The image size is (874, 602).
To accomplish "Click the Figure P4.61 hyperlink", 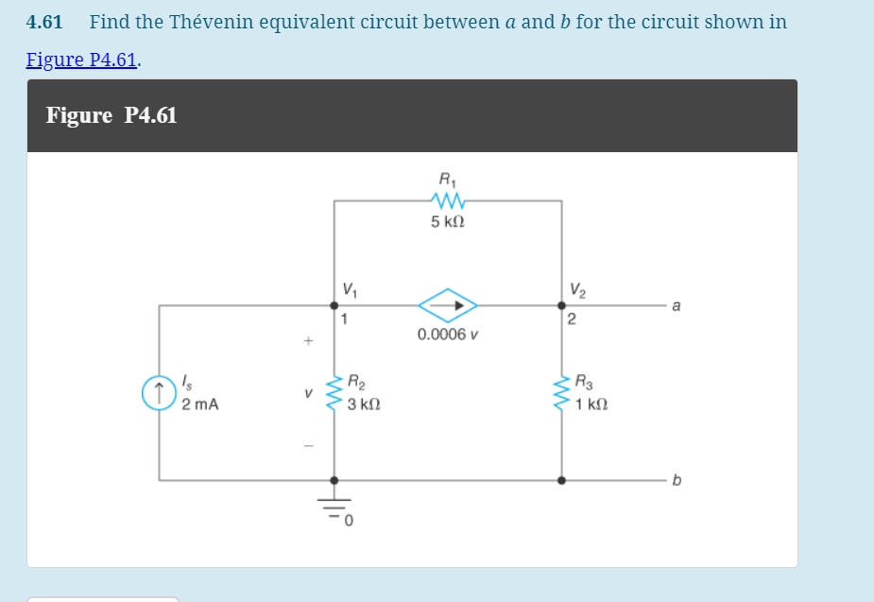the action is pyautogui.click(x=83, y=60).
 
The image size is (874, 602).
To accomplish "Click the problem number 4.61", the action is pyautogui.click(x=44, y=22).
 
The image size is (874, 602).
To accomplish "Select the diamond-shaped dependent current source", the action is pyautogui.click(x=448, y=305).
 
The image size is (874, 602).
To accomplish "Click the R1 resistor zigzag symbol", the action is pyautogui.click(x=448, y=200).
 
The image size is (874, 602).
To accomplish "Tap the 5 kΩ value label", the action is pyautogui.click(x=448, y=223).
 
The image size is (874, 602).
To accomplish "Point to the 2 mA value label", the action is pyautogui.click(x=200, y=405).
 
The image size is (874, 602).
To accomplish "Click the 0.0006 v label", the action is pyautogui.click(x=448, y=335).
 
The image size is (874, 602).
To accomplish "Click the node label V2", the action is pyautogui.click(x=577, y=287).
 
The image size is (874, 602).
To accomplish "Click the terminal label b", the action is pyautogui.click(x=675, y=480).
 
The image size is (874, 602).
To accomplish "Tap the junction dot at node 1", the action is pyautogui.click(x=334, y=305).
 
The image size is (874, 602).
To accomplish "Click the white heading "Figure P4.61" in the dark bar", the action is pyautogui.click(x=111, y=115).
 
